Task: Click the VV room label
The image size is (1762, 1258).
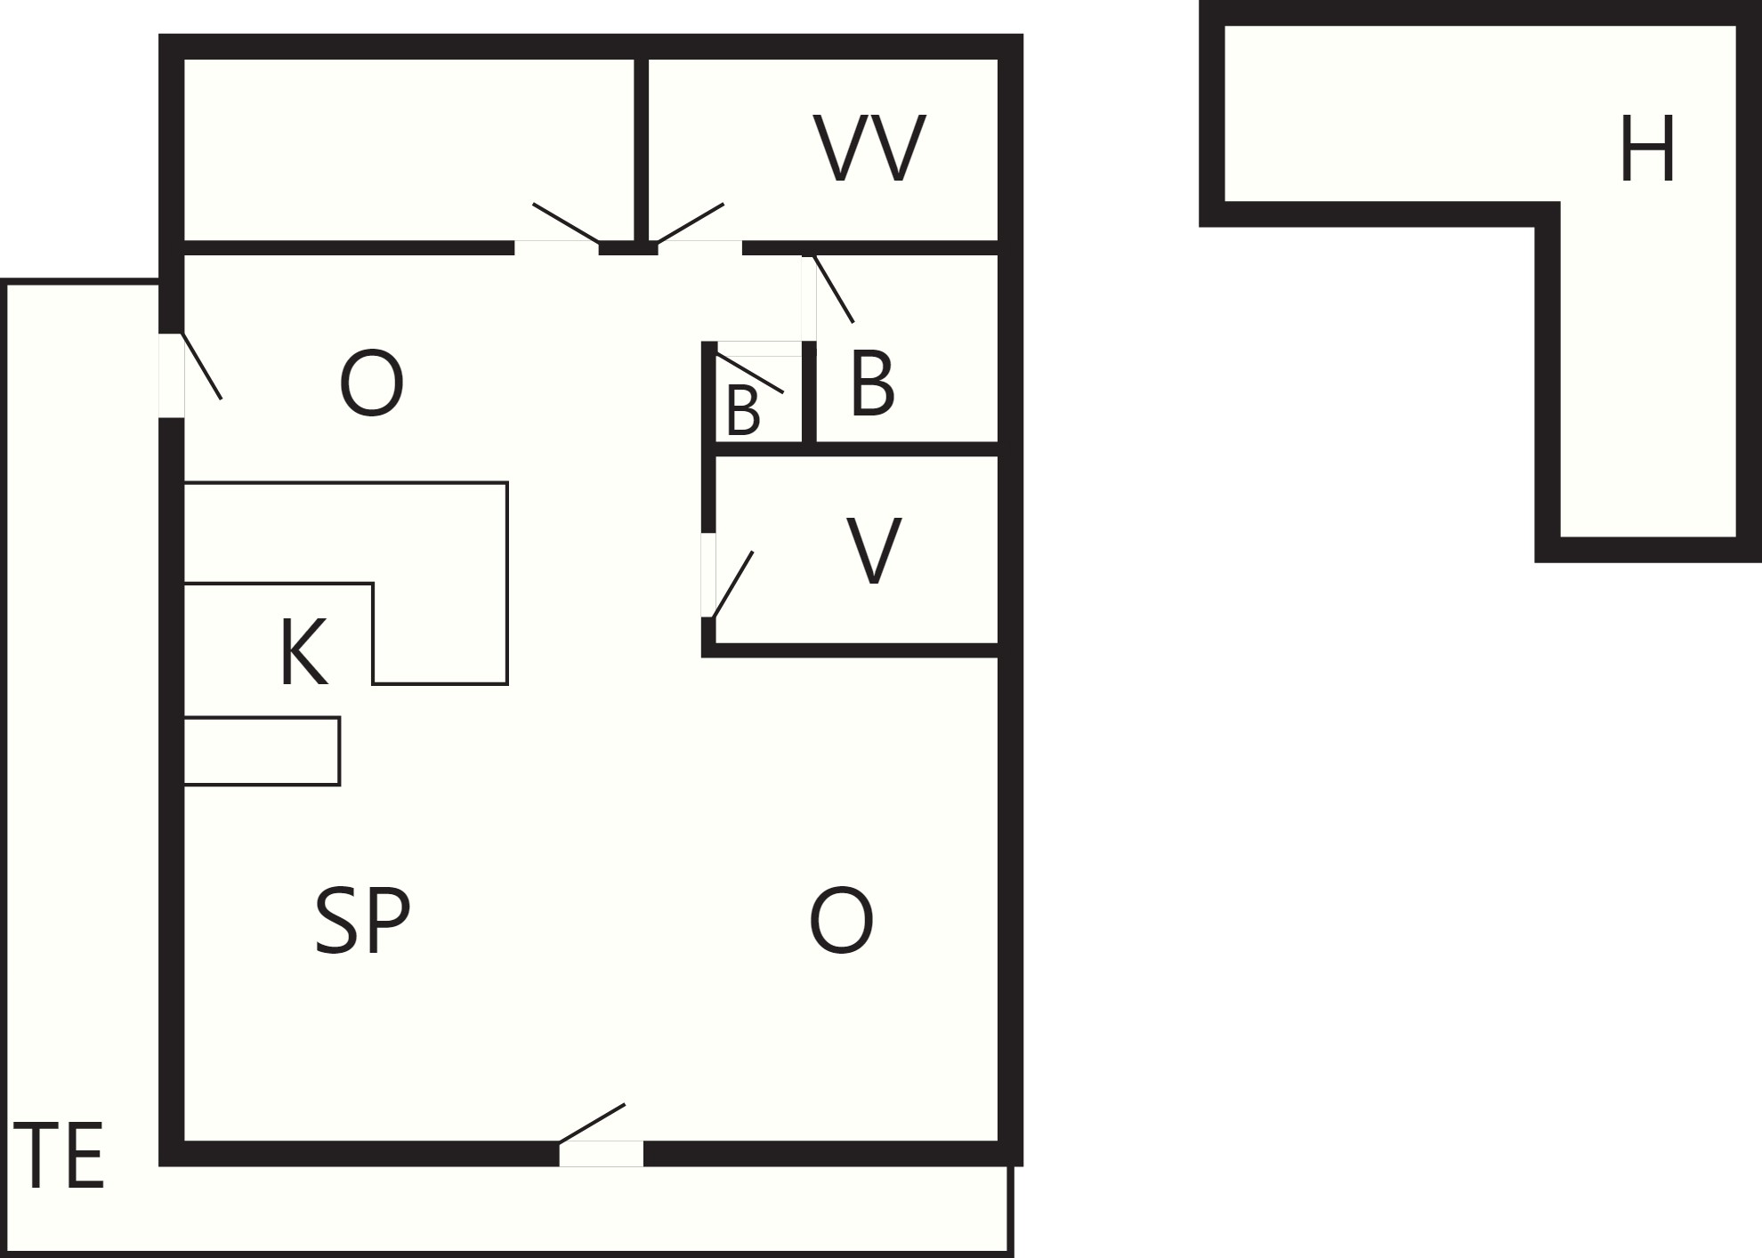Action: (x=869, y=149)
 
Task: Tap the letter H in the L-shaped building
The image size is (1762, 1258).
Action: (x=1647, y=149)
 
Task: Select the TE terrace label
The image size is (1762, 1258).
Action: (x=60, y=1156)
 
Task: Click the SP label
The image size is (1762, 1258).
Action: (x=362, y=921)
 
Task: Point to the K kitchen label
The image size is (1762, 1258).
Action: (x=303, y=652)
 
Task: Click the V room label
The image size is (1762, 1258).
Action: (x=873, y=551)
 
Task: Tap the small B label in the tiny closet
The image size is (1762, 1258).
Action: (x=743, y=411)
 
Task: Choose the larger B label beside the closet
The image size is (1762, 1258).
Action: (x=872, y=383)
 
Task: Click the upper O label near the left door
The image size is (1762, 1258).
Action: (x=371, y=384)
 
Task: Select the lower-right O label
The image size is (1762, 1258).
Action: (x=841, y=921)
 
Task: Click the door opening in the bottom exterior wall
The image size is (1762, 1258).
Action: (x=601, y=1153)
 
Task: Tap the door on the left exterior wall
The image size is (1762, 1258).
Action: (x=172, y=375)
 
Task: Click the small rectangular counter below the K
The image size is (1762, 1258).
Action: (x=262, y=751)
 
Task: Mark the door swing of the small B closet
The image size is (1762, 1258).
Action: (x=750, y=373)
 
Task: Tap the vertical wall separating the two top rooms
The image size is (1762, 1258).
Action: (x=641, y=149)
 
